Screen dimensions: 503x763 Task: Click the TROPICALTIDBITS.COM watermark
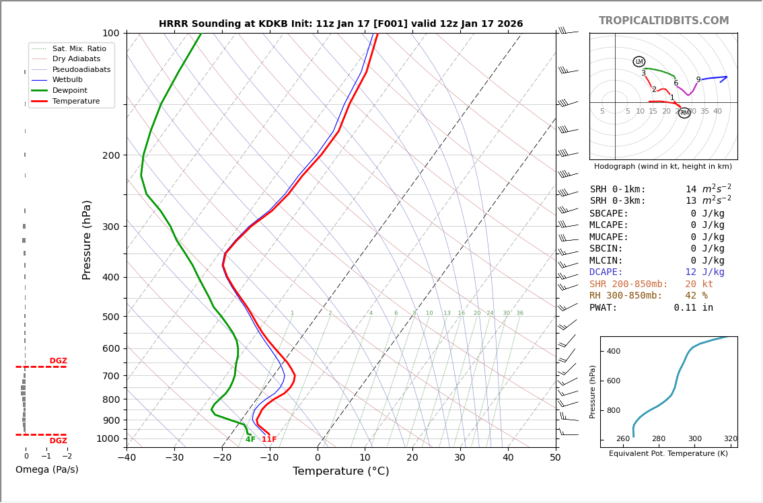coord(663,21)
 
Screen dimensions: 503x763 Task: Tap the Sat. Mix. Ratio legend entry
coord(79,48)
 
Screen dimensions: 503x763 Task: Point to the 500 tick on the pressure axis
coord(110,317)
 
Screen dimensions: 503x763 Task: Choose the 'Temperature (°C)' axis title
coord(340,471)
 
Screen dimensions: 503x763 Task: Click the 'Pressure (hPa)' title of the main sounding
coord(87,239)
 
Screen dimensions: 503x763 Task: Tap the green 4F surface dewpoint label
coord(250,440)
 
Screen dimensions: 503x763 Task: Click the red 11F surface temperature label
coord(269,440)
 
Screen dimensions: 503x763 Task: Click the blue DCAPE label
coord(606,272)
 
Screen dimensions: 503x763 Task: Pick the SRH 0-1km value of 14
coord(691,190)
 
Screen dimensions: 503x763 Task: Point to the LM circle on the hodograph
coord(639,62)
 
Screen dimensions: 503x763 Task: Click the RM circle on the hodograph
coord(684,113)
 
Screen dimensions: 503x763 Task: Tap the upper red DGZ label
coord(58,361)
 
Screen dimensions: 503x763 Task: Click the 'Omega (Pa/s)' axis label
coord(46,469)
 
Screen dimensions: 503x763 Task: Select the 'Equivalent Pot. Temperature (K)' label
coord(668,454)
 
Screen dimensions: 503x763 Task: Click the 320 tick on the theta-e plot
coord(730,439)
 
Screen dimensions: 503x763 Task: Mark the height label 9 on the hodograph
coord(698,80)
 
